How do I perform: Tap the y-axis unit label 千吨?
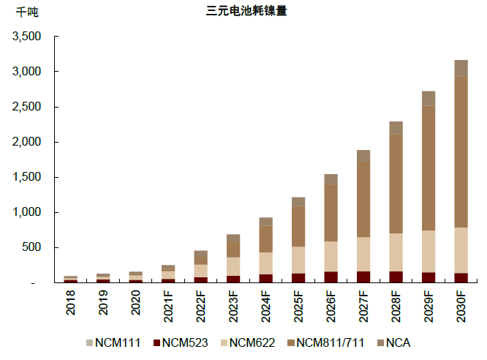[26, 12]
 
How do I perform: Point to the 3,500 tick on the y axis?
[28, 37]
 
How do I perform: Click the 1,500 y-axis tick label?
[28, 177]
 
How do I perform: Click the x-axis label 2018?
[71, 304]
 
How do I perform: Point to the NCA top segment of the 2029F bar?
[429, 99]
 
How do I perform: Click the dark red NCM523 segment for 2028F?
[396, 277]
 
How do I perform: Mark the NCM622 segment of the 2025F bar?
[298, 260]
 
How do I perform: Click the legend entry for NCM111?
[113, 342]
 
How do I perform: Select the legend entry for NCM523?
[180, 342]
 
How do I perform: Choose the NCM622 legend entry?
[247, 342]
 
